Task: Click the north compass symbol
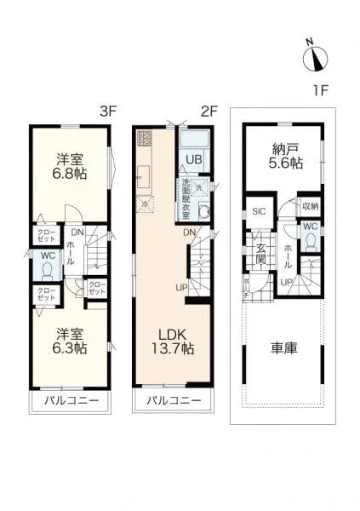click(317, 57)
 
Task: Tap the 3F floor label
click(108, 110)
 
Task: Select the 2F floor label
click(209, 110)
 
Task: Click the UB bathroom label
click(195, 159)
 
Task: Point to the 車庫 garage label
click(283, 348)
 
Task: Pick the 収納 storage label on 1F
click(310, 206)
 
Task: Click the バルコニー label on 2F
click(173, 399)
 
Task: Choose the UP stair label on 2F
click(181, 287)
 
